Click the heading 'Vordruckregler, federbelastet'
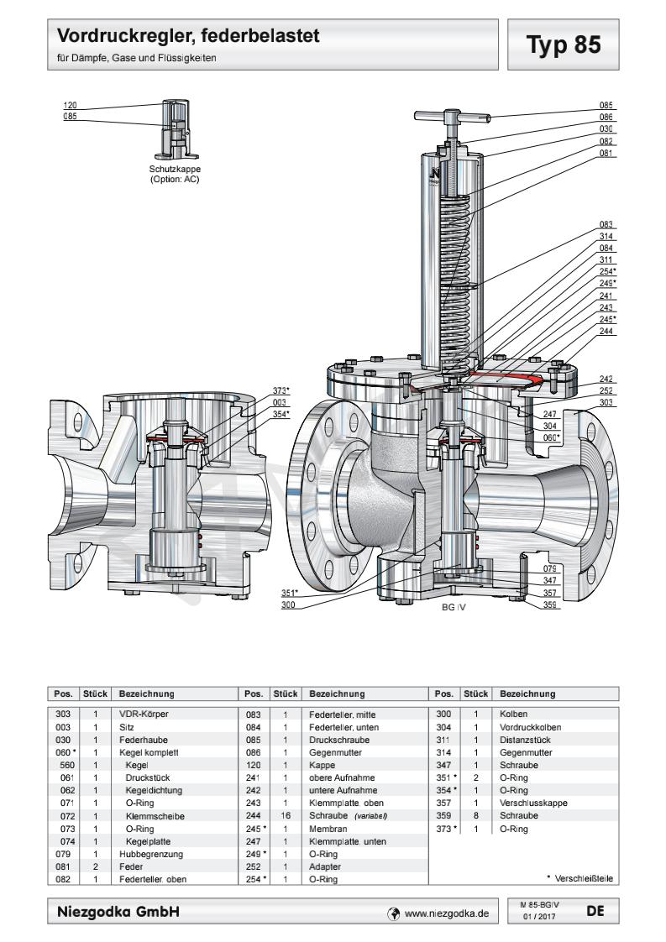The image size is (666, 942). pyautogui.click(x=189, y=36)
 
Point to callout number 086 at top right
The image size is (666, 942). pyautogui.click(x=606, y=118)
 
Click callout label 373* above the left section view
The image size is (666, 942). pyautogui.click(x=281, y=390)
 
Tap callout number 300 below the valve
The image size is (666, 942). pyautogui.click(x=288, y=604)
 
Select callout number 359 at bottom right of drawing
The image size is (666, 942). pyautogui.click(x=550, y=604)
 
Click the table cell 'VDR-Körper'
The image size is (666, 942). pyautogui.click(x=143, y=713)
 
